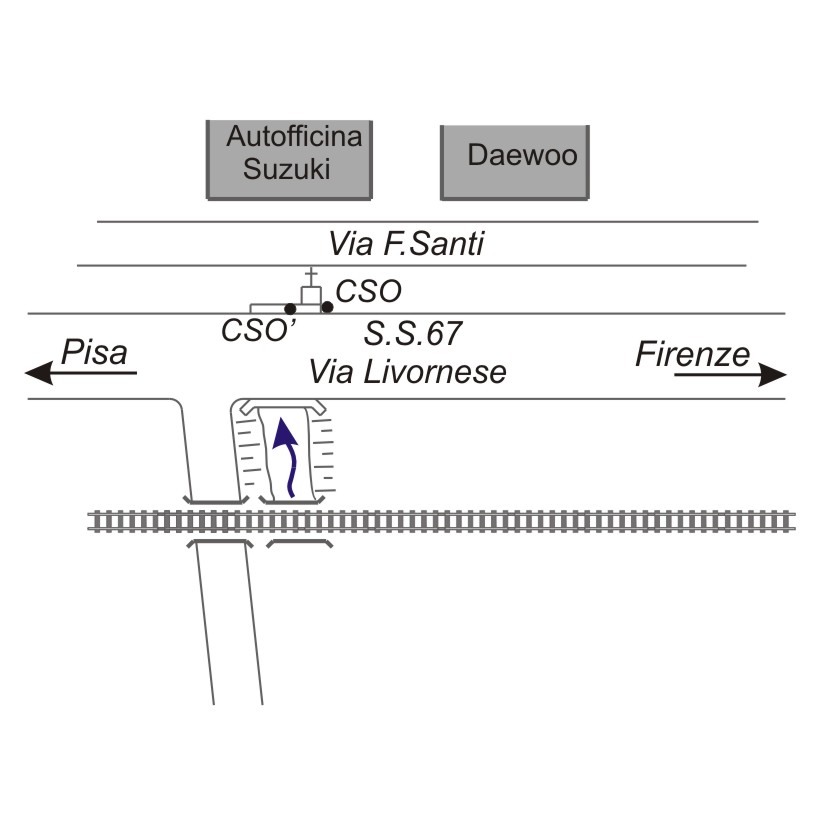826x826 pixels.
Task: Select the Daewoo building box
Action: (515, 161)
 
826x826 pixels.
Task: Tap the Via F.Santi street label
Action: (406, 244)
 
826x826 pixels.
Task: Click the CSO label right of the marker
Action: (369, 292)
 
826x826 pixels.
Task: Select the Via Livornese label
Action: (407, 372)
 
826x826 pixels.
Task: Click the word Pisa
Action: (95, 353)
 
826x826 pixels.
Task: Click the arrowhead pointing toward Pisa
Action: (38, 374)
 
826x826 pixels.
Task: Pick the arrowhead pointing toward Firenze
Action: (774, 375)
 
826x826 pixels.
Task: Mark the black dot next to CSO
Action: (327, 306)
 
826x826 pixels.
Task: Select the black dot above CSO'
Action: (290, 308)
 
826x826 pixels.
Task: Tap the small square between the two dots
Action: (311, 295)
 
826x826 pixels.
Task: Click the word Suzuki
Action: (287, 170)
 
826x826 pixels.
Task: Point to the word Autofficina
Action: (293, 137)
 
